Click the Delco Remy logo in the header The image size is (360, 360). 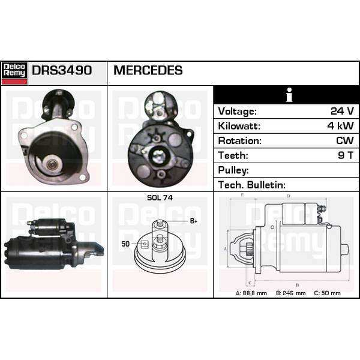click(x=14, y=73)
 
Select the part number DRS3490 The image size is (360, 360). click(x=62, y=70)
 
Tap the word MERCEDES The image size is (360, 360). click(x=148, y=70)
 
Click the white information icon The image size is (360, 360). click(x=289, y=95)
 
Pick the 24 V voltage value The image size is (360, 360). click(x=342, y=111)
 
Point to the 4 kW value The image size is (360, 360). click(x=340, y=126)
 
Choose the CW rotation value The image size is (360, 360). click(x=345, y=140)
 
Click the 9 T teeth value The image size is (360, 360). click(x=346, y=155)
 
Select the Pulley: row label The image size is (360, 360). click(x=233, y=170)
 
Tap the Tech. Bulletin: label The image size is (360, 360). click(x=251, y=185)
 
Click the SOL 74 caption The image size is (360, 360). click(x=160, y=197)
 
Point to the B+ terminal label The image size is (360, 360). click(x=194, y=221)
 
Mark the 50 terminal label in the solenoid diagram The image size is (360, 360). click(x=125, y=244)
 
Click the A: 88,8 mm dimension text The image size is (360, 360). click(x=251, y=293)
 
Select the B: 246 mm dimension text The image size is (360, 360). click(x=290, y=293)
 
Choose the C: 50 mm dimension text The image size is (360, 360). click(x=327, y=293)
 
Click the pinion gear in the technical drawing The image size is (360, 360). click(x=250, y=249)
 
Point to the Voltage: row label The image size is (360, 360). click(x=237, y=112)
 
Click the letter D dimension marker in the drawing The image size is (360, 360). click(x=289, y=196)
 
